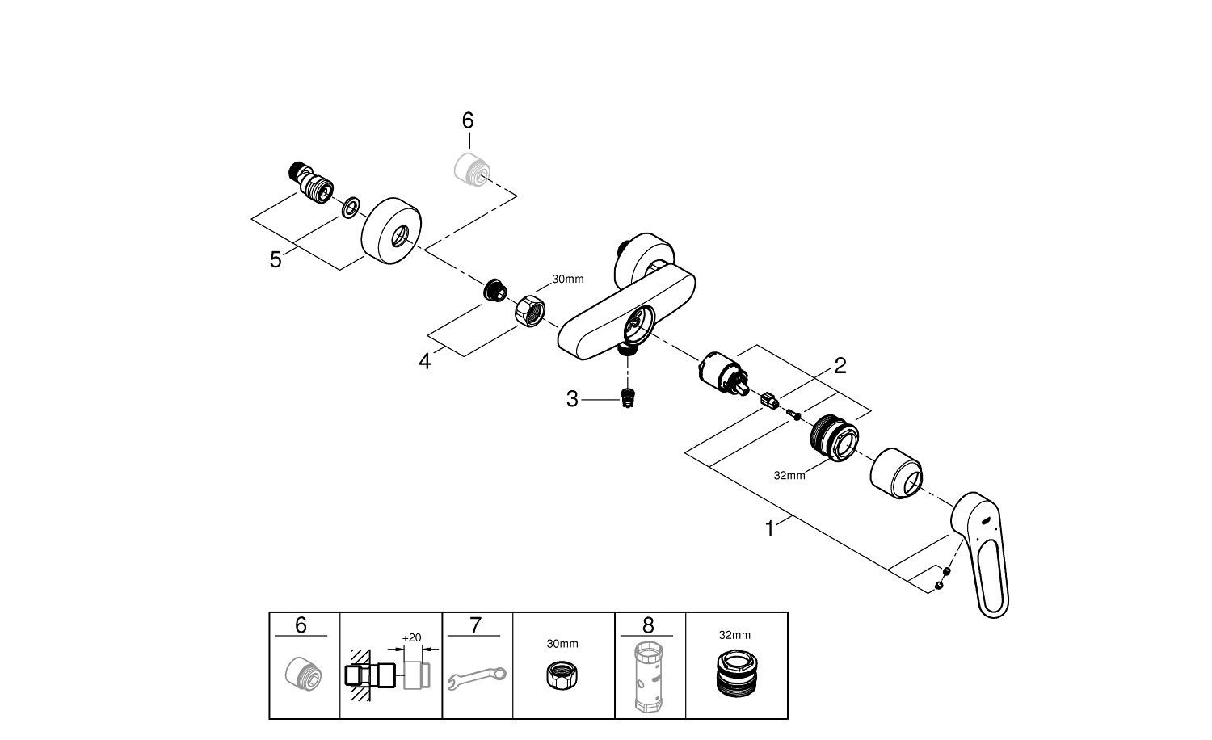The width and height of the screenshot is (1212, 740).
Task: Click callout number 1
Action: click(x=770, y=529)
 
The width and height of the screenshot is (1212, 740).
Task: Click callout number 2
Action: click(x=840, y=366)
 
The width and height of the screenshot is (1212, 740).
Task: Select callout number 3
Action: click(x=572, y=399)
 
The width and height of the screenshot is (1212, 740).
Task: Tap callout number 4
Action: click(x=425, y=361)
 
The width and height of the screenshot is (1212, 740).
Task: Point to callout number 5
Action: click(x=276, y=260)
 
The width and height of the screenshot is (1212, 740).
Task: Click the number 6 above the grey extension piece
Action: click(x=468, y=120)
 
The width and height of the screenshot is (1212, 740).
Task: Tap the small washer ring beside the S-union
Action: click(x=350, y=208)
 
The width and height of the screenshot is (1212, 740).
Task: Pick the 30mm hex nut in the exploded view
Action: click(x=529, y=308)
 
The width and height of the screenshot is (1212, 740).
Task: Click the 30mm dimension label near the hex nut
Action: click(x=567, y=280)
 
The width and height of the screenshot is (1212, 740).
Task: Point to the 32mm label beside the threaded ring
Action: click(x=789, y=476)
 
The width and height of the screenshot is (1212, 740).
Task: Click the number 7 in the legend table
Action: click(x=474, y=625)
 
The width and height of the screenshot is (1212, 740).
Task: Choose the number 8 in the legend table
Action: click(x=648, y=625)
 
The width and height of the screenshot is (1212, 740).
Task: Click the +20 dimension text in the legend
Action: click(x=411, y=637)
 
